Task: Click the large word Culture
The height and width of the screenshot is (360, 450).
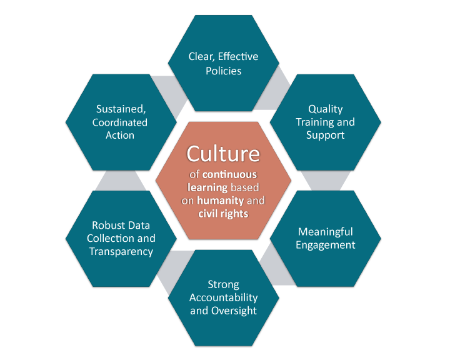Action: [x=223, y=154]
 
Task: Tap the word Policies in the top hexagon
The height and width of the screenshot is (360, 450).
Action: [x=224, y=71]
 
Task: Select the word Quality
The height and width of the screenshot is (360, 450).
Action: [x=326, y=109]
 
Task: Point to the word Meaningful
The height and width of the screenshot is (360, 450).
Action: [x=326, y=232]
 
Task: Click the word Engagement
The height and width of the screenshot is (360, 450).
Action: [x=326, y=245]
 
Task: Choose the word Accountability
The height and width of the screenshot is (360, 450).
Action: [x=224, y=297]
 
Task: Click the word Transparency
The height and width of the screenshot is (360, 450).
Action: [x=121, y=251]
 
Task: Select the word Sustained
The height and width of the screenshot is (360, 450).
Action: [x=121, y=109]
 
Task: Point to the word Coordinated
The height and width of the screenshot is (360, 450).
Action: [x=120, y=122]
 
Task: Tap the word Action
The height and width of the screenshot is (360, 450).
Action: [x=120, y=135]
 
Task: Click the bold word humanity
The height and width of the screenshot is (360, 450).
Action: [x=221, y=201]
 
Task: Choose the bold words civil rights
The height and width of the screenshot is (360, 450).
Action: [x=223, y=214]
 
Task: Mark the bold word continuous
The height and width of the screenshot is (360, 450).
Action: [x=229, y=174]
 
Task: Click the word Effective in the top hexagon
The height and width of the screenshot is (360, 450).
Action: [x=238, y=56]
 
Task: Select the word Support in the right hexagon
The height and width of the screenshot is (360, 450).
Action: [x=326, y=135]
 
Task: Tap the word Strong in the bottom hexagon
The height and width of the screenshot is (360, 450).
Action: [x=224, y=284]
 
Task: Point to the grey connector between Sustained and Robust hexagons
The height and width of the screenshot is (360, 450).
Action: [x=121, y=180]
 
